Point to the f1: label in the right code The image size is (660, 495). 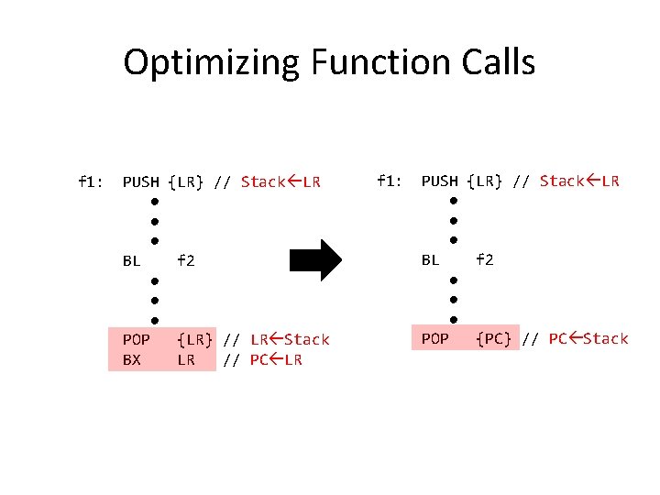point(389,181)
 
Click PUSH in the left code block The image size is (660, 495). point(141,181)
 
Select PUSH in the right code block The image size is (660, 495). point(440,181)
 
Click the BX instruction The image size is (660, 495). point(132,359)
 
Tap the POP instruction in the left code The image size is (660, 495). point(137,339)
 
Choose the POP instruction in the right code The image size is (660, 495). point(435,338)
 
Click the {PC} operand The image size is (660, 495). point(494,338)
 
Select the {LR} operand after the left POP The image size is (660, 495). point(195,339)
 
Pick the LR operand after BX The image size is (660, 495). point(186,359)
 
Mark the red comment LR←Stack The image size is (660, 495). point(290,339)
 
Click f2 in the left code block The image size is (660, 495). point(186,260)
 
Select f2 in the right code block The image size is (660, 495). point(485,259)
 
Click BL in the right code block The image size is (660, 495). point(431,259)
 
